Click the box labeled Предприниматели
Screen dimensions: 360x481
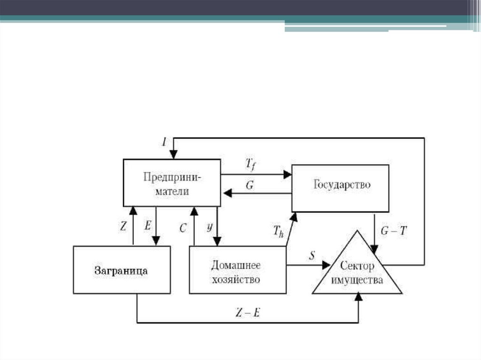[x=172, y=183]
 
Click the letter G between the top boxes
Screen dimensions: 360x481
[x=250, y=186]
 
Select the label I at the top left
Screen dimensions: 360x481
[x=164, y=142]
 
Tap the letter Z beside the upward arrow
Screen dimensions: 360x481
[x=124, y=226]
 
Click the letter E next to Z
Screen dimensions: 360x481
[x=148, y=226]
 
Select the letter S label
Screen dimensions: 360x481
[x=312, y=256]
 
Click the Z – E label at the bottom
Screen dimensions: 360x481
[x=247, y=313]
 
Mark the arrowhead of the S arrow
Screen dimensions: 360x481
[x=326, y=265]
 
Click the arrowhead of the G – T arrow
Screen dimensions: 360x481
[x=374, y=248]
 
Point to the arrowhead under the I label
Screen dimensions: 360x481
[x=173, y=155]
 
